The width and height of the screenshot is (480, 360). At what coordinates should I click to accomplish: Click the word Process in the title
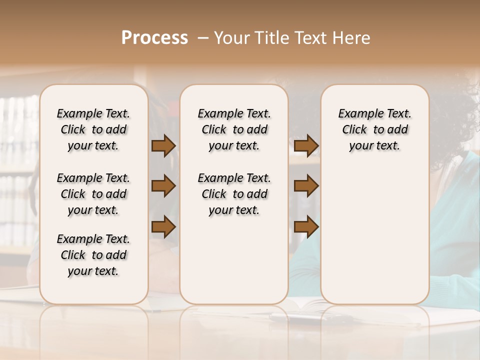(x=154, y=38)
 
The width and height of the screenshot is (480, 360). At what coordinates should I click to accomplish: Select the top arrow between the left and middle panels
(x=163, y=145)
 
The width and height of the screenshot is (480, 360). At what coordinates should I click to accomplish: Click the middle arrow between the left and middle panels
(x=163, y=186)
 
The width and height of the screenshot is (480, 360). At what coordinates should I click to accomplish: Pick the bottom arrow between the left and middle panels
(x=163, y=226)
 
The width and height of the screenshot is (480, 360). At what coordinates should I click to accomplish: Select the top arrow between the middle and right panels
(x=306, y=145)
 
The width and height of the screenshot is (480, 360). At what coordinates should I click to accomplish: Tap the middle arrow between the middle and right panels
(x=306, y=186)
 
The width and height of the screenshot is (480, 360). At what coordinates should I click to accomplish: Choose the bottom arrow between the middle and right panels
(x=306, y=226)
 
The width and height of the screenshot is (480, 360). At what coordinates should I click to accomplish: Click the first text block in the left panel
(x=93, y=129)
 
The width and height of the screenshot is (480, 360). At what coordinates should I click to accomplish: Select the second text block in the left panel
(x=93, y=194)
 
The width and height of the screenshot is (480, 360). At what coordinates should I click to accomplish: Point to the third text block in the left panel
(x=93, y=255)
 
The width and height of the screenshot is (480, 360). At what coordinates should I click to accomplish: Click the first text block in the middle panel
(x=234, y=129)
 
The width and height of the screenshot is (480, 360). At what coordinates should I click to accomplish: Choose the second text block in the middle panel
(x=234, y=194)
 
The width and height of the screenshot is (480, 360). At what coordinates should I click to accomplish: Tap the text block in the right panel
(x=374, y=129)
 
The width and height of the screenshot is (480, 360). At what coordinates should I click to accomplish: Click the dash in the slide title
(x=203, y=38)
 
